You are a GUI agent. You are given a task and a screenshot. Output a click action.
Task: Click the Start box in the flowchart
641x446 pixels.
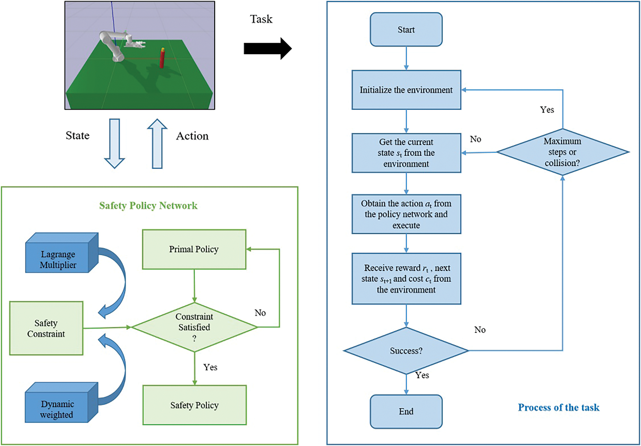coord(406,30)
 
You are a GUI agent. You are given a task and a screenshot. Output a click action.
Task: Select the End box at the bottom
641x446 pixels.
coord(406,411)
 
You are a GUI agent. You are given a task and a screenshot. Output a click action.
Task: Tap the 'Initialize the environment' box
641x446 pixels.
coord(406,90)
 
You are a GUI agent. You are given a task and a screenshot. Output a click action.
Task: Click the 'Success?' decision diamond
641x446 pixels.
coord(406,351)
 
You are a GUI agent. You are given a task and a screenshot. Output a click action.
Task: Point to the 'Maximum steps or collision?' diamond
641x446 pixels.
coord(562,152)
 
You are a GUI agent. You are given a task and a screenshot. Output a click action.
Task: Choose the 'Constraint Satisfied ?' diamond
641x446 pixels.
coord(194,327)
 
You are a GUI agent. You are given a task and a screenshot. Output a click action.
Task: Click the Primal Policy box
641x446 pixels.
coord(194,249)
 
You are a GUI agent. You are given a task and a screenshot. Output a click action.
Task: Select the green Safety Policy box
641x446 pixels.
coord(194,405)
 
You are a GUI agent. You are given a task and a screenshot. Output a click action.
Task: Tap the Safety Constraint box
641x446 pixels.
coord(46,328)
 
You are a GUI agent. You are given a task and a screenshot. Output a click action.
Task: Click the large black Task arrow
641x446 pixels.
coord(267,48)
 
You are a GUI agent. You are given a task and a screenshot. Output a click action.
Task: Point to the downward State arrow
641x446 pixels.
coord(115,143)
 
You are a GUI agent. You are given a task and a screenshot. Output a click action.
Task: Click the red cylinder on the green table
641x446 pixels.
coord(162,58)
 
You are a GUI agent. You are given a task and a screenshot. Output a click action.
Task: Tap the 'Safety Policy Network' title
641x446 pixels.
coord(148,206)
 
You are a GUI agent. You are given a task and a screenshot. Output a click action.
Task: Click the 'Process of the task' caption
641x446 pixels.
coord(558,408)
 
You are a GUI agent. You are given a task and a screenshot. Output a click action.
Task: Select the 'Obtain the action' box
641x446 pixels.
coord(406,214)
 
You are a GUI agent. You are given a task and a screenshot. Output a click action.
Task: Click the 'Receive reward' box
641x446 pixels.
coord(406,279)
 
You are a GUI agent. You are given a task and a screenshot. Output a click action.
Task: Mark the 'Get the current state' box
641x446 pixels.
coord(406,153)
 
